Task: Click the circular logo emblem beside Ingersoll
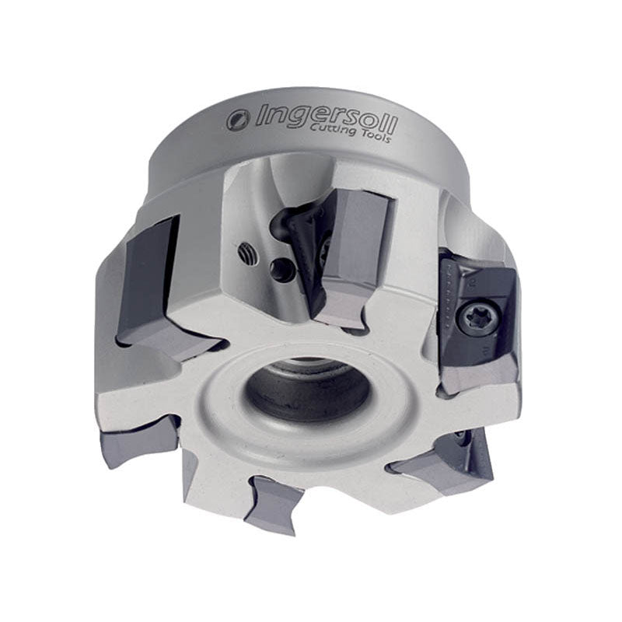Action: pos(239,120)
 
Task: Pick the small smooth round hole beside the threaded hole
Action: pos(281,269)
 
